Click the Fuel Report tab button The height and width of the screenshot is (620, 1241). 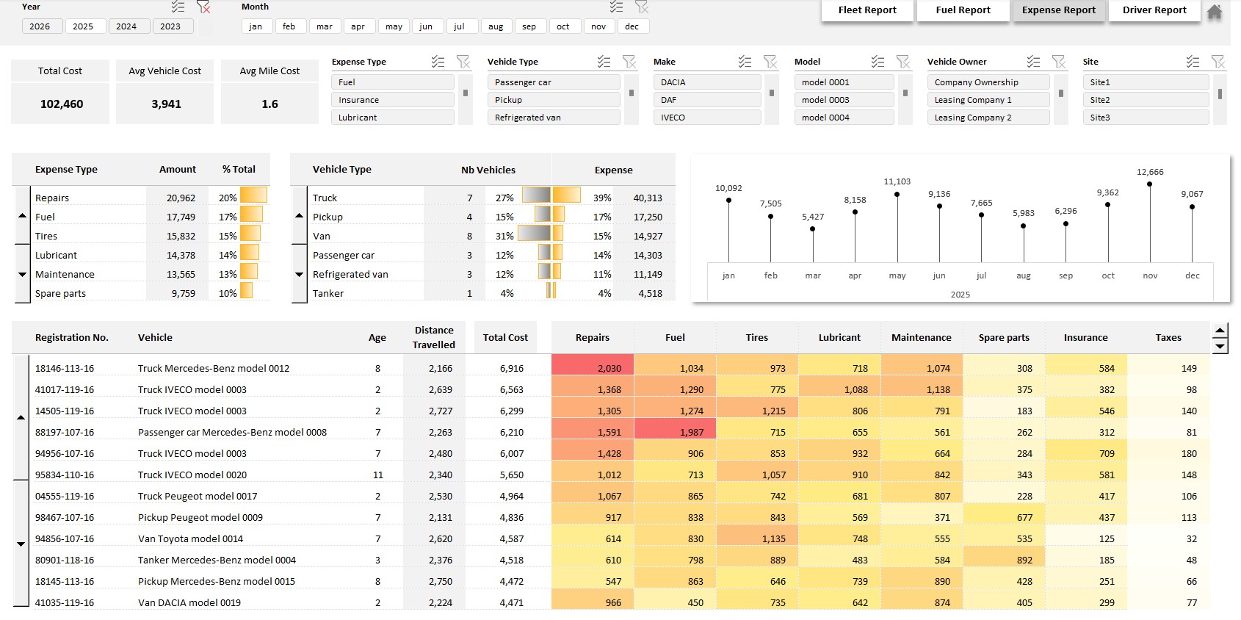point(963,10)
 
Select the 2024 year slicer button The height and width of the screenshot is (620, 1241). point(126,26)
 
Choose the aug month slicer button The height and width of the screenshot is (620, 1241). point(496,26)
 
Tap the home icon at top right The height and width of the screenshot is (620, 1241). point(1215,12)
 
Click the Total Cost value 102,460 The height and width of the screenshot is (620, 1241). point(62,104)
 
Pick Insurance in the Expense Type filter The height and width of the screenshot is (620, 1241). point(392,100)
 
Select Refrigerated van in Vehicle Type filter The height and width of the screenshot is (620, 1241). point(553,118)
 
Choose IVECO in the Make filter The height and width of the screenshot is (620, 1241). point(706,118)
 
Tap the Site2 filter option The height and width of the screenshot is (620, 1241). point(1145,100)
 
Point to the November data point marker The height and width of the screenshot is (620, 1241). point(1149,184)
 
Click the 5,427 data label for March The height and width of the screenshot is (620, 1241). point(813,217)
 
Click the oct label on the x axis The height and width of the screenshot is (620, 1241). point(1108,275)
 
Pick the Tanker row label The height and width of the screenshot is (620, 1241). point(328,293)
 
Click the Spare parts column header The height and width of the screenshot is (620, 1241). point(1003,338)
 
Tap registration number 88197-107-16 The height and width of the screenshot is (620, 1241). point(65,432)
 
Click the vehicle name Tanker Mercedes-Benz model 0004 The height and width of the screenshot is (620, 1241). point(217,560)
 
